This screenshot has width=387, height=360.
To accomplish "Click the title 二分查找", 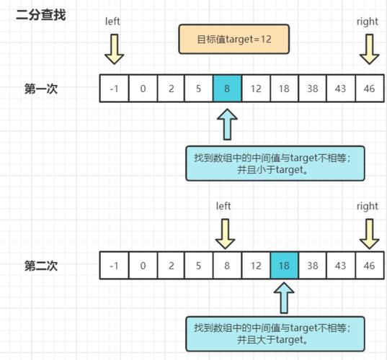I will click(41, 14).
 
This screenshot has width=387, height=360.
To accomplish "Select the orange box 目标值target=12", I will click(233, 39).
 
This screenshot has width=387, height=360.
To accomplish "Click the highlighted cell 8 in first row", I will click(227, 89).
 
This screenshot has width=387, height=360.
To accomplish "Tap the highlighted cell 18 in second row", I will click(284, 265).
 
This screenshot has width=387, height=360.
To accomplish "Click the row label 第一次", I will click(41, 89).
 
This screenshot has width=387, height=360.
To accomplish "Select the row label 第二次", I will click(41, 266).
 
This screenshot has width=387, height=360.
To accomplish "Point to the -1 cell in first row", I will click(114, 89).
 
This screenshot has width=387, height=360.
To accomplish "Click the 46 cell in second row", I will click(368, 265).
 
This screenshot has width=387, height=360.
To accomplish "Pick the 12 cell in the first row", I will click(255, 89).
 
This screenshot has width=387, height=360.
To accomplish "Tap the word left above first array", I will click(113, 22).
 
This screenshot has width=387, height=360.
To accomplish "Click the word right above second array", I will click(368, 206).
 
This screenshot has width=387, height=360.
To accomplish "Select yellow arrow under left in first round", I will click(114, 49).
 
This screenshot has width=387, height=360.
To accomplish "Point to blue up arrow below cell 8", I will click(228, 124).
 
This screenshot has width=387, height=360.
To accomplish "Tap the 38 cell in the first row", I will click(312, 89).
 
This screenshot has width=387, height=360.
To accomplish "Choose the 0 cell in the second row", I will click(143, 265).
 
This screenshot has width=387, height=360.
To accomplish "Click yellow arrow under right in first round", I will click(368, 49).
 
